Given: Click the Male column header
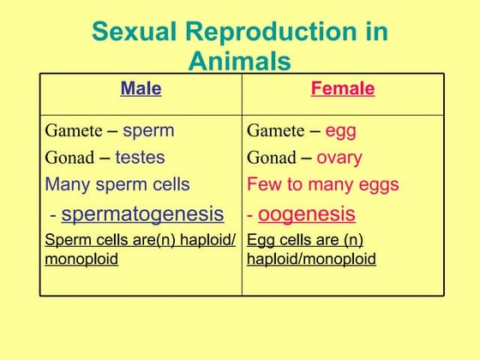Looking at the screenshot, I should pyautogui.click(x=141, y=88).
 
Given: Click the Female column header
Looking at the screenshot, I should pyautogui.click(x=342, y=88).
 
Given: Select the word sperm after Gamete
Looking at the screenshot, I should pyautogui.click(x=148, y=131).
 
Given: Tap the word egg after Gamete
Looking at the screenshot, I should pyautogui.click(x=340, y=131).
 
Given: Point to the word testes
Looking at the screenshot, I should pyautogui.click(x=140, y=158).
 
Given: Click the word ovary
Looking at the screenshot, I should pyautogui.click(x=339, y=158).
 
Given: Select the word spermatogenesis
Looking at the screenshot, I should pyautogui.click(x=142, y=213).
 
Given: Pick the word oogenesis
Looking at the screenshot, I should pyautogui.click(x=306, y=213).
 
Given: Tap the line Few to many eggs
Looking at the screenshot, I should pyautogui.click(x=322, y=184).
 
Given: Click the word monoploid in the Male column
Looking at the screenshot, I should pyautogui.click(x=81, y=259).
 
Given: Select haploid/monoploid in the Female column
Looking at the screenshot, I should pyautogui.click(x=311, y=259).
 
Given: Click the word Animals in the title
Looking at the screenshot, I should pyautogui.click(x=239, y=62).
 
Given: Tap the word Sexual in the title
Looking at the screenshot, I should pyautogui.click(x=133, y=32).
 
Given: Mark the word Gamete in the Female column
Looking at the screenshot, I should pyautogui.click(x=275, y=131).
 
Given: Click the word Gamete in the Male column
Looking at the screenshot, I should pyautogui.click(x=73, y=131).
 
